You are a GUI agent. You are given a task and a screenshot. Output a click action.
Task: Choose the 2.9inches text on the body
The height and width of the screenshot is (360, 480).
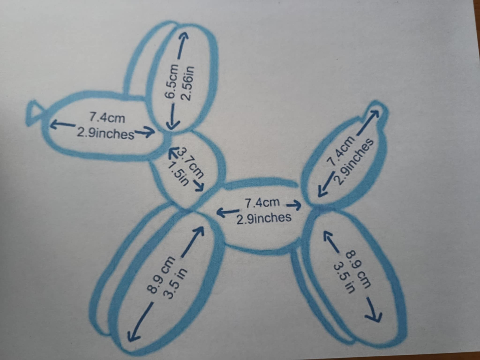click(263, 218)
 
